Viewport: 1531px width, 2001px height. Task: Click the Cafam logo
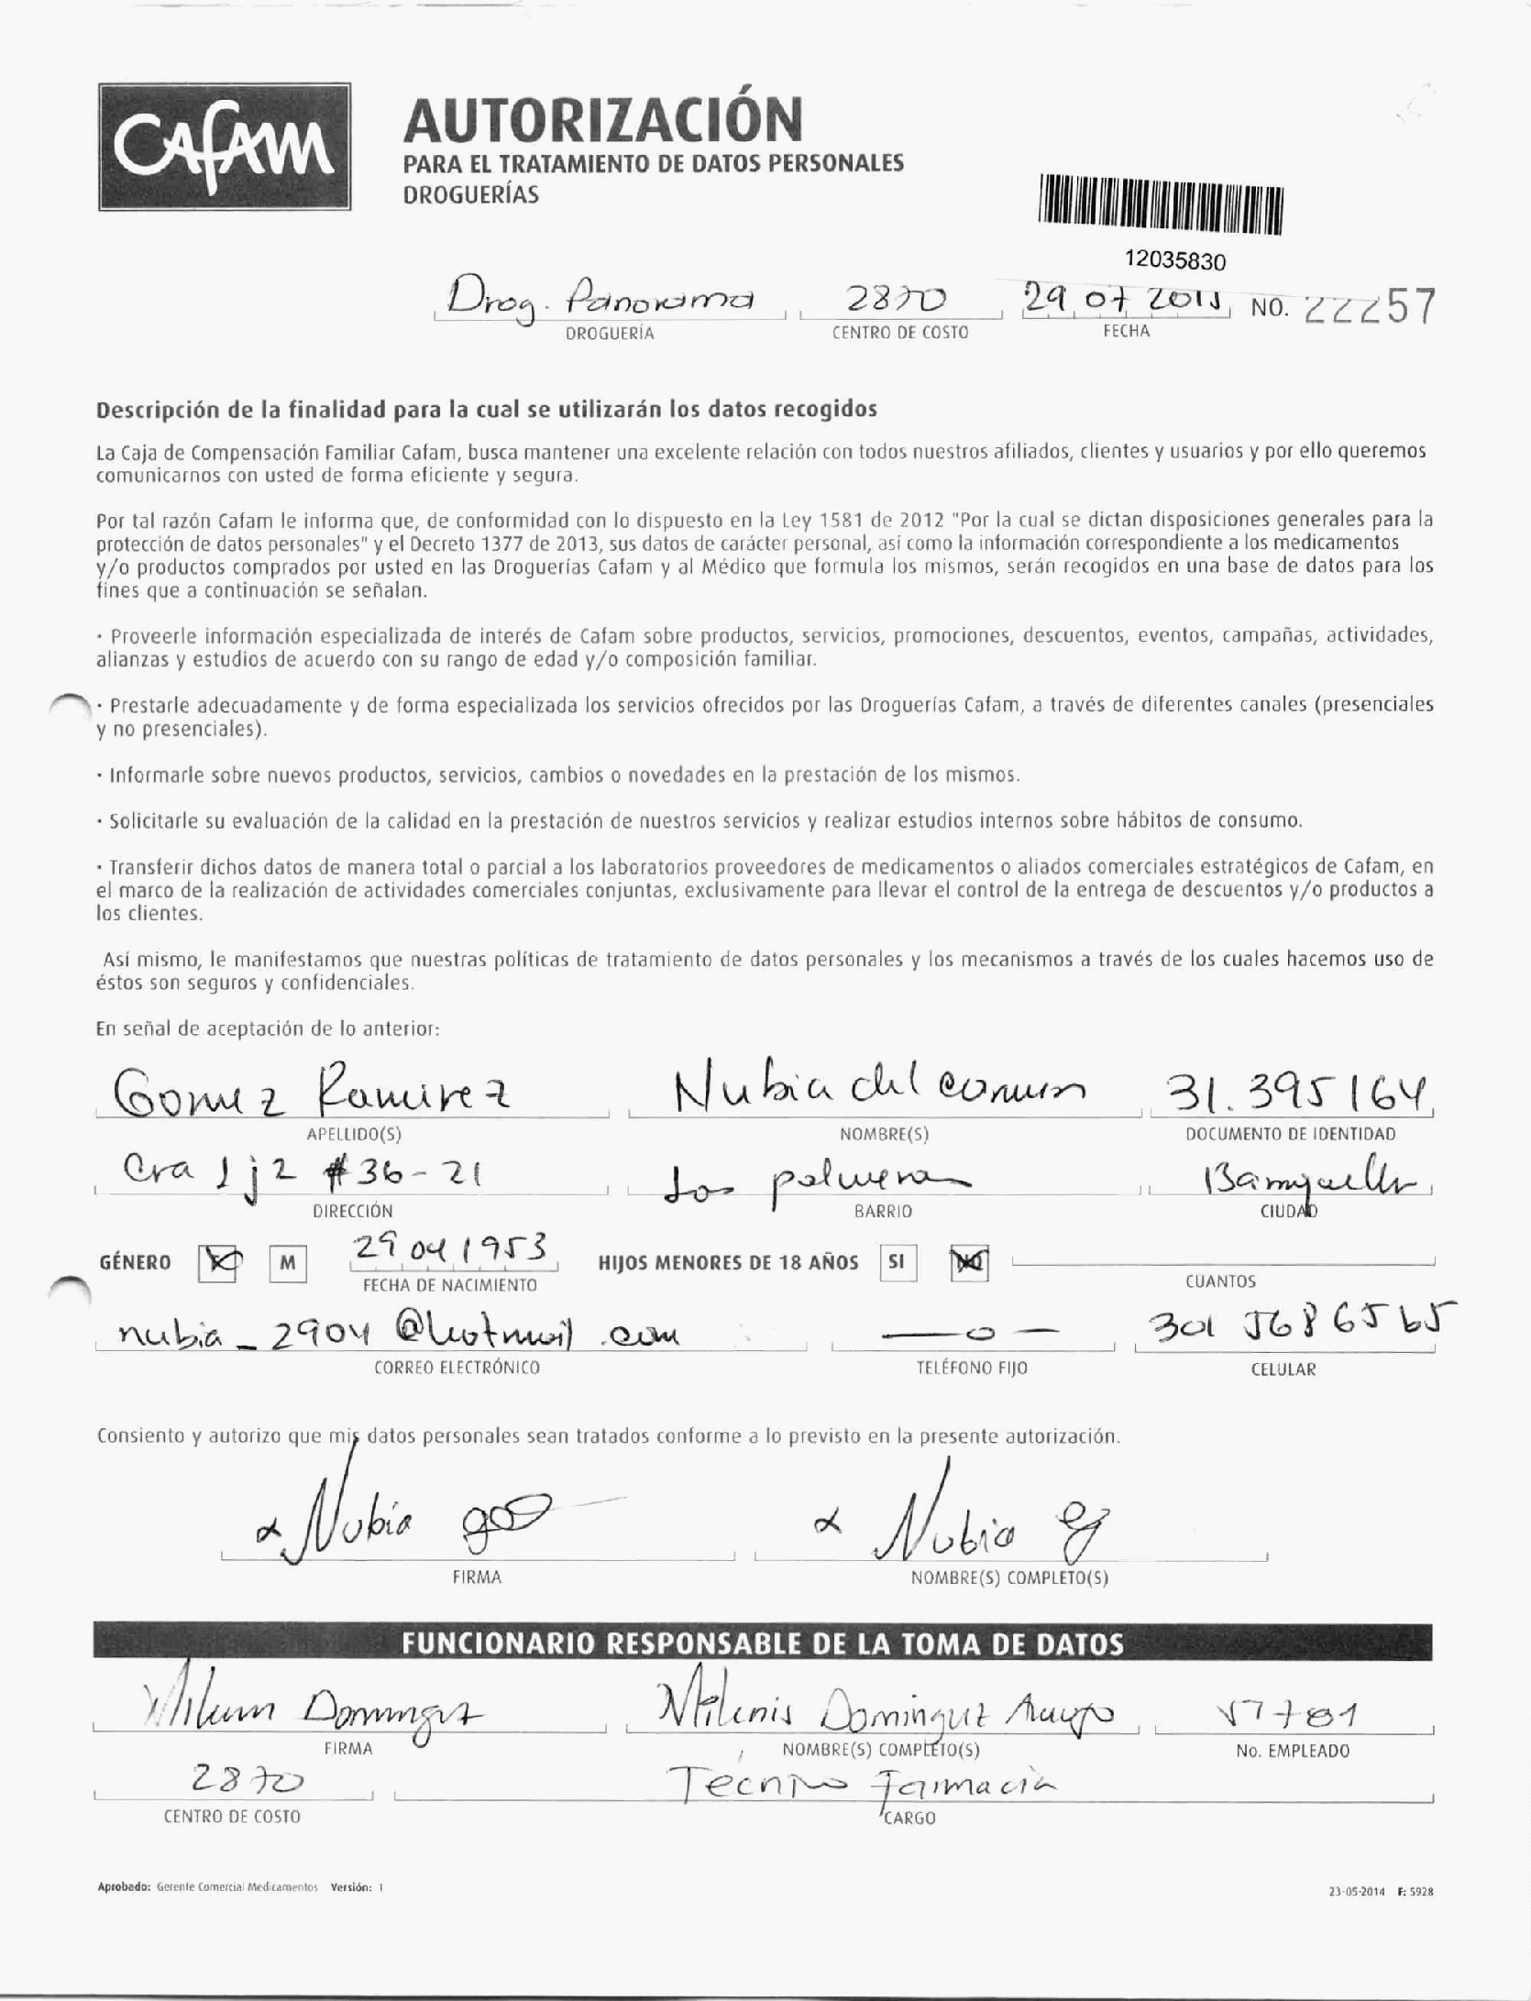click(x=225, y=147)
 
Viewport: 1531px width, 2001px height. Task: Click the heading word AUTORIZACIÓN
click(x=603, y=119)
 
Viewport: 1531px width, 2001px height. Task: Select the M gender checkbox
click(x=288, y=1264)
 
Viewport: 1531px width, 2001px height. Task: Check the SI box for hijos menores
click(x=897, y=1262)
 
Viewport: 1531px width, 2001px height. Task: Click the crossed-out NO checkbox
click(x=969, y=1264)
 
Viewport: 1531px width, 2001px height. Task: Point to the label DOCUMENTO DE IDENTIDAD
click(x=1290, y=1134)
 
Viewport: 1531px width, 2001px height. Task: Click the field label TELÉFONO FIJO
click(x=972, y=1368)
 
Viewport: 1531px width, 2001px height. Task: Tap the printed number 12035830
click(x=1175, y=261)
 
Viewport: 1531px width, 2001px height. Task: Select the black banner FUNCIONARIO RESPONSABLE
click(x=762, y=1643)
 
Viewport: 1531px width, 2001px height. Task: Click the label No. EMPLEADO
click(x=1293, y=1751)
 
